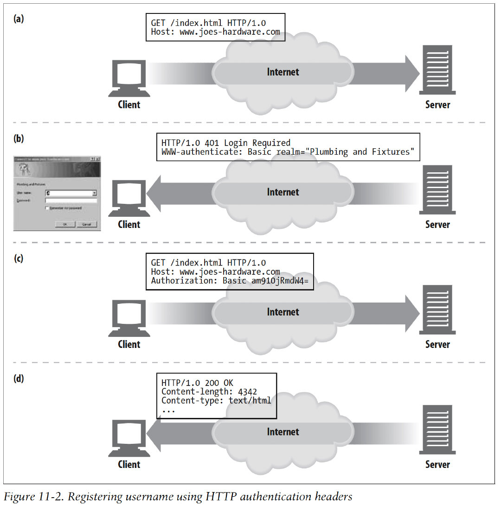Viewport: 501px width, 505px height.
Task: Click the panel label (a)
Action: pyautogui.click(x=19, y=19)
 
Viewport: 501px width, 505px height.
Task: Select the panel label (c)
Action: pyautogui.click(x=19, y=259)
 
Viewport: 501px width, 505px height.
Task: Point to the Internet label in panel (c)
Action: pyautogui.click(x=283, y=312)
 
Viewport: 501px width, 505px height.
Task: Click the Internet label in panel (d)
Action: pyautogui.click(x=283, y=432)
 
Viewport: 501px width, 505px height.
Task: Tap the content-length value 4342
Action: pyautogui.click(x=247, y=392)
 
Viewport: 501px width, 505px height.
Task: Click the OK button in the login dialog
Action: pyautogui.click(x=65, y=224)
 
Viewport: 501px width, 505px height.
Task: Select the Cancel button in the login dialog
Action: pyautogui.click(x=86, y=224)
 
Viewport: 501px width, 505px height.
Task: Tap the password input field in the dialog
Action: pyautogui.click(x=71, y=200)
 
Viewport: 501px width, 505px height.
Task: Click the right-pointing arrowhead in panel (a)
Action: pyautogui.click(x=411, y=73)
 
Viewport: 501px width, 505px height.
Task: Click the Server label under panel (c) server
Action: pyautogui.click(x=437, y=344)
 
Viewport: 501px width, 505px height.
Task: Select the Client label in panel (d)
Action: pyautogui.click(x=129, y=464)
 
